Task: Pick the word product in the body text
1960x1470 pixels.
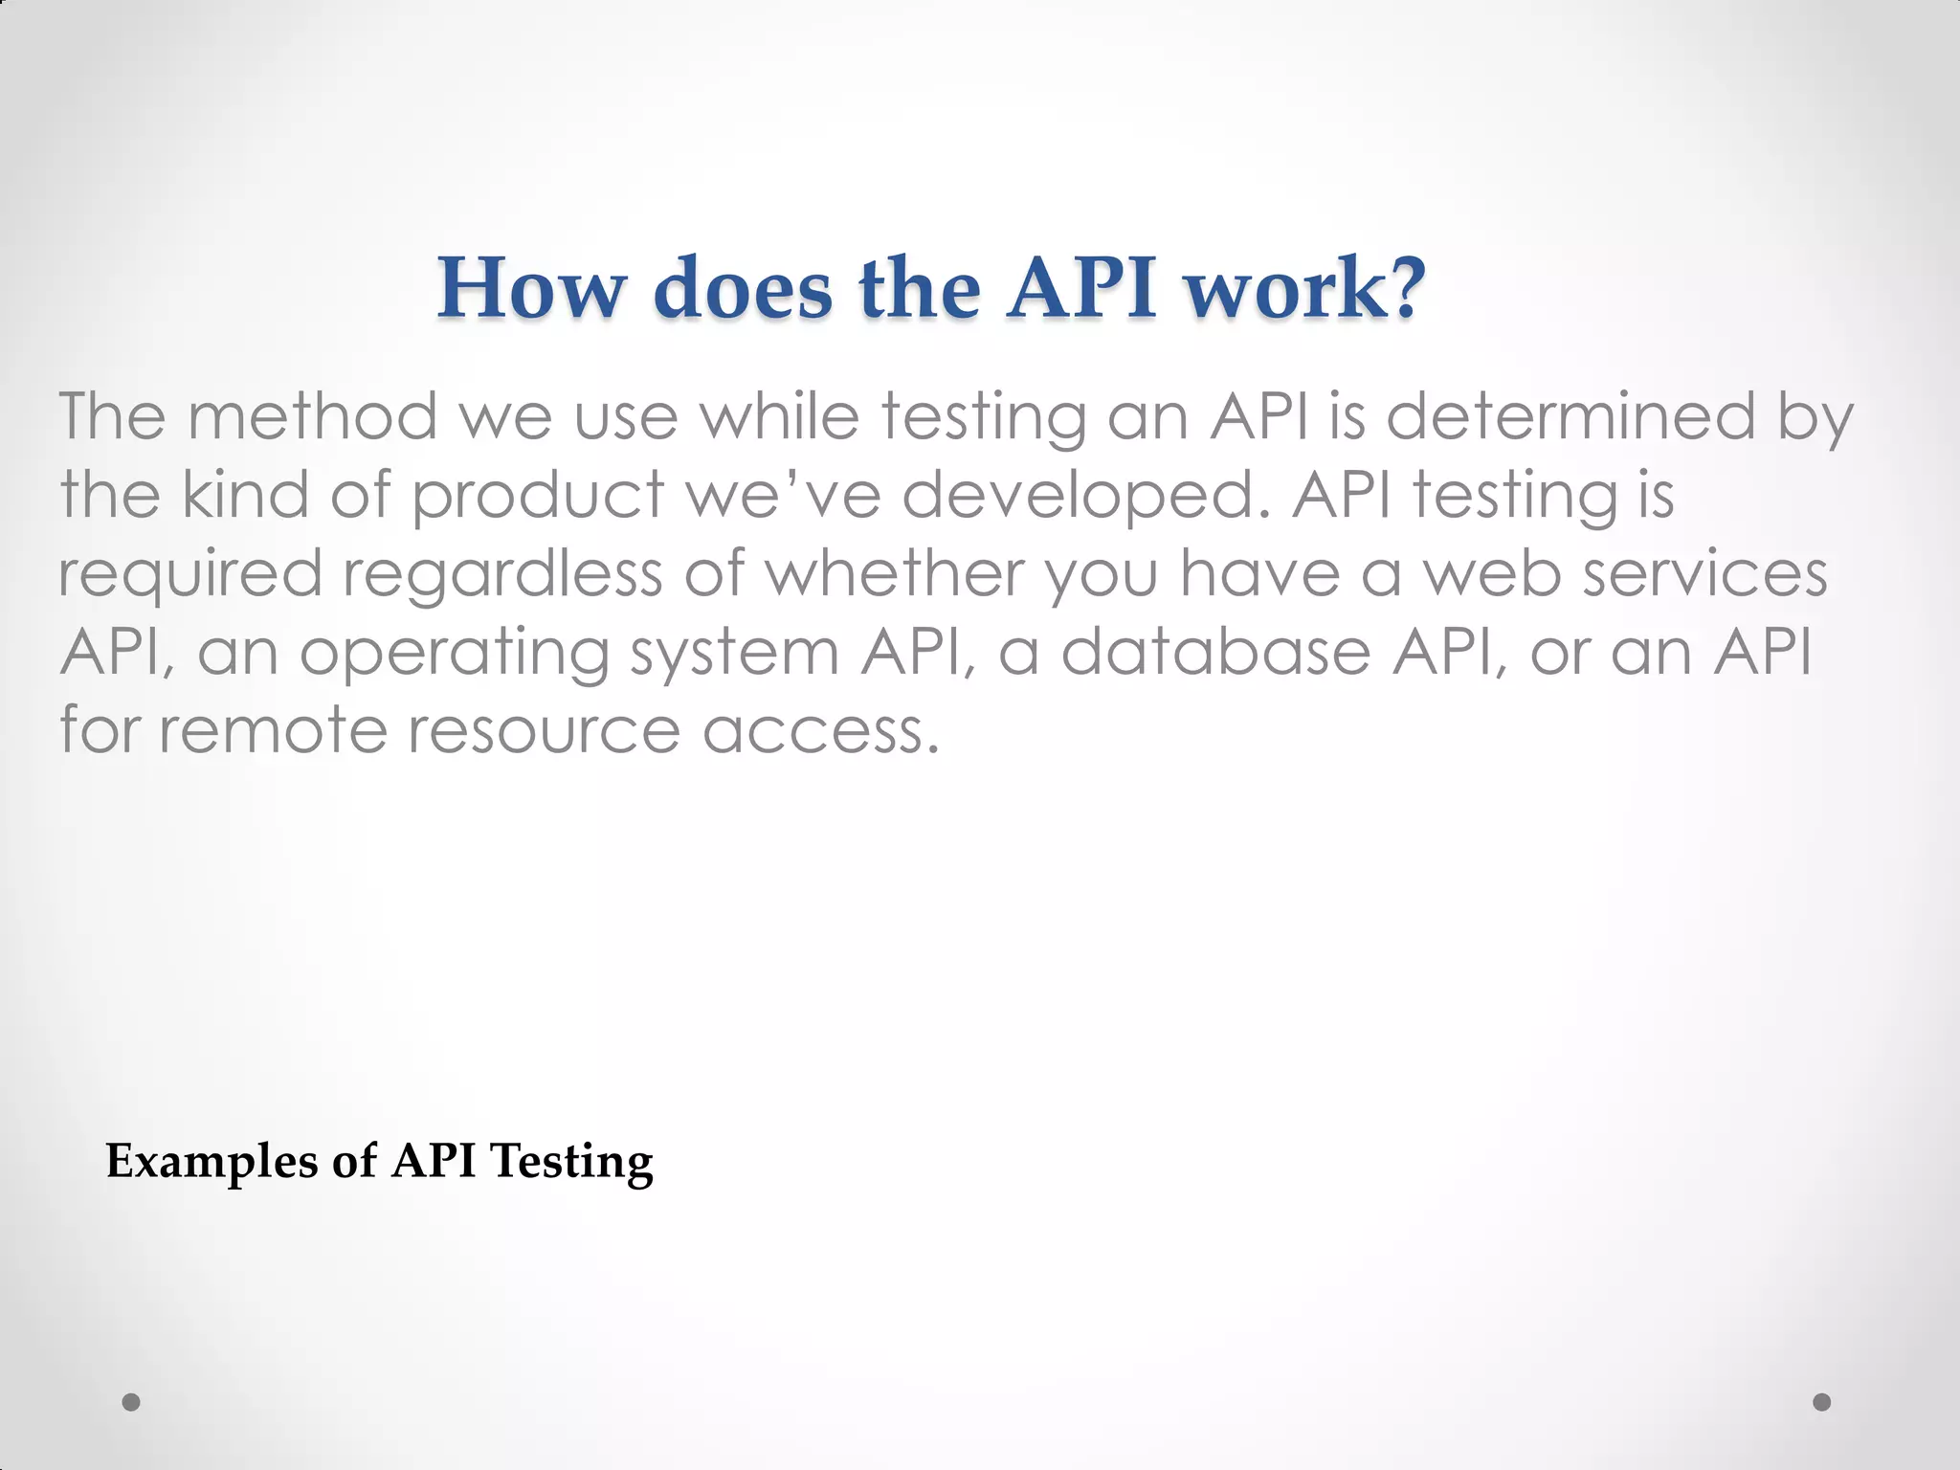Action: [538, 496]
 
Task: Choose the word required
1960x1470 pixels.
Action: [190, 575]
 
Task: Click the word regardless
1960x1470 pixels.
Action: [502, 575]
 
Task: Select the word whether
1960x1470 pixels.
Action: [894, 573]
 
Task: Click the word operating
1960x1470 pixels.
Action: [455, 654]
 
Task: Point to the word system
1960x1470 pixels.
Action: [734, 654]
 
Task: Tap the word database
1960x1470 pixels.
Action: [1216, 652]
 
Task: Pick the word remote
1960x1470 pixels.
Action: [273, 730]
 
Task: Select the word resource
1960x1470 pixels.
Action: [544, 731]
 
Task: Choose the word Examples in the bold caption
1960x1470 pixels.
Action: [212, 1162]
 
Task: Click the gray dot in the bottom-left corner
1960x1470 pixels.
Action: [132, 1402]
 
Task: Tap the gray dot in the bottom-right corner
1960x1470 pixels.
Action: [1822, 1402]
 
